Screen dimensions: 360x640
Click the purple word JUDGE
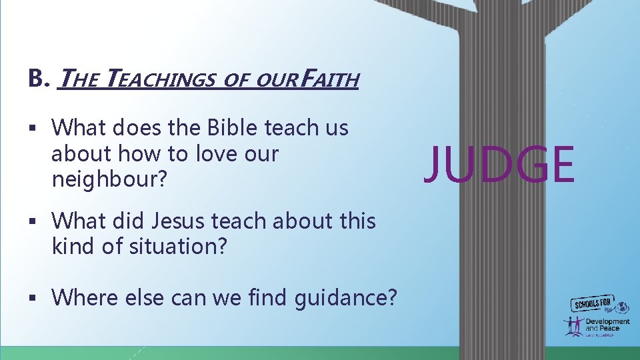click(x=499, y=165)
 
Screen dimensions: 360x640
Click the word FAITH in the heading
click(x=329, y=80)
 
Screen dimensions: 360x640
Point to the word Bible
click(x=233, y=127)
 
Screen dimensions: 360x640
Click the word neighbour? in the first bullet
click(x=107, y=179)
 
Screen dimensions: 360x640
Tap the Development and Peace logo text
click(x=607, y=325)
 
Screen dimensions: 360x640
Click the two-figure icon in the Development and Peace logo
click(x=573, y=325)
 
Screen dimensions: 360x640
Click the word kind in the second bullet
click(x=73, y=246)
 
